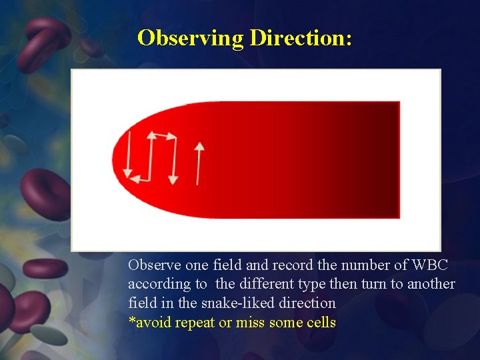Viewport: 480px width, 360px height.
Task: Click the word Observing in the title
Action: tap(191, 38)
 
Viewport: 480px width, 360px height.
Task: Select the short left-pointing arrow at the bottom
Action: tap(139, 179)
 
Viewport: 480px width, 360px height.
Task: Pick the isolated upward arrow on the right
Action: tap(198, 163)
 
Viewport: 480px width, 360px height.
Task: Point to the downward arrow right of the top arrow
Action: tap(173, 160)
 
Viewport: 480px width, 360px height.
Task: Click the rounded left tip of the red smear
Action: tap(117, 160)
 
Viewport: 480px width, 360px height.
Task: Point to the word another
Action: tap(431, 284)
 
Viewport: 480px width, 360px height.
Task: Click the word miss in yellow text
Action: tap(249, 323)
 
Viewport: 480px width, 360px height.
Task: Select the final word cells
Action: tap(320, 323)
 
